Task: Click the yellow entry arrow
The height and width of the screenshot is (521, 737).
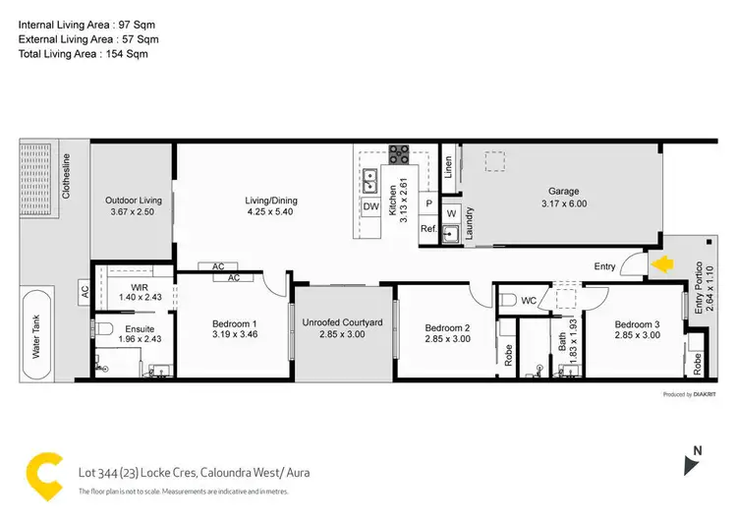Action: click(662, 263)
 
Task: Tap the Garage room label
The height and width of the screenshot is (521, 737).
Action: click(563, 192)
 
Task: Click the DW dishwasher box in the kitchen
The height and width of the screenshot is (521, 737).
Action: click(370, 207)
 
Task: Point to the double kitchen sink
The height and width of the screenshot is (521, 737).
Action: click(371, 181)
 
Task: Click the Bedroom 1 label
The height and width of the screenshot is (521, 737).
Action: click(235, 324)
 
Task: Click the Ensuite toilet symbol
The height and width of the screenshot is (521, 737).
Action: click(106, 328)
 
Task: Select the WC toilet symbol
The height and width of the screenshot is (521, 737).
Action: click(507, 299)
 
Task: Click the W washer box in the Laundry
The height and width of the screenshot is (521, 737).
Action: click(451, 212)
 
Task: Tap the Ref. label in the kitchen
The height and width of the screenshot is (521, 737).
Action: click(427, 228)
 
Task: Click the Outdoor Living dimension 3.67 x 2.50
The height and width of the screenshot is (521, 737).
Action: click(133, 212)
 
